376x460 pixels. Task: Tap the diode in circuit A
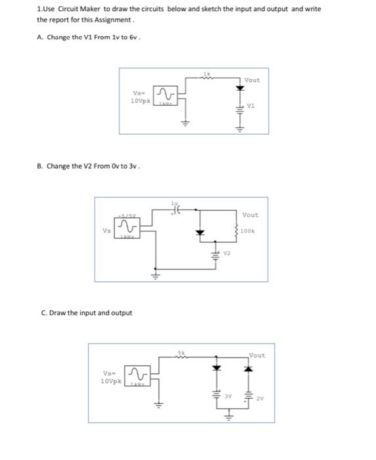[x=239, y=88]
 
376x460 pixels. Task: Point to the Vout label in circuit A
[x=252, y=80]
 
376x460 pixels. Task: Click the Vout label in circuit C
[x=257, y=356]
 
